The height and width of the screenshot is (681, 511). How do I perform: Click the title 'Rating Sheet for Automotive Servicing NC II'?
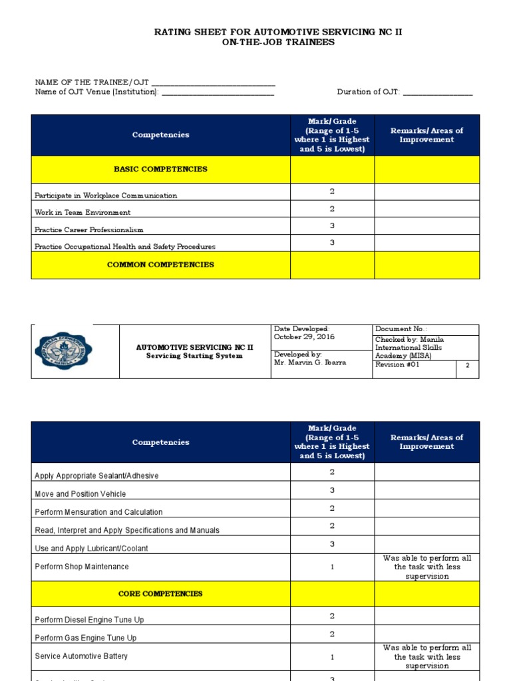[x=278, y=32]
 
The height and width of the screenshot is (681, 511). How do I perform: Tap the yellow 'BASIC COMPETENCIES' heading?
[x=160, y=169]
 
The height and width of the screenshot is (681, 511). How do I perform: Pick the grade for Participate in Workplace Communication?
[x=332, y=192]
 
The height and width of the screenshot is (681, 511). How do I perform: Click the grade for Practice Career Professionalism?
[x=332, y=226]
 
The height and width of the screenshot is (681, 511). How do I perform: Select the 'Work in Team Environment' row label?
[x=83, y=213]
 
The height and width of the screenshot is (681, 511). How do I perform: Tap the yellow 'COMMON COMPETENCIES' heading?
[x=160, y=265]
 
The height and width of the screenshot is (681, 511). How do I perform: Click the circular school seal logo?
[x=64, y=350]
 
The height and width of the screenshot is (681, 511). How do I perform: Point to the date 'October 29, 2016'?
[x=304, y=337]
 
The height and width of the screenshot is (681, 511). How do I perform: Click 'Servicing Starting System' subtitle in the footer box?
[x=194, y=356]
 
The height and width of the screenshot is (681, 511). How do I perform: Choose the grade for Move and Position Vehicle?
[x=332, y=490]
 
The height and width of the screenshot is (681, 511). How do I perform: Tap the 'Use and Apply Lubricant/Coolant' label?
[x=91, y=549]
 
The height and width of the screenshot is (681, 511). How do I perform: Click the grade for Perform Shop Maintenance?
[x=332, y=567]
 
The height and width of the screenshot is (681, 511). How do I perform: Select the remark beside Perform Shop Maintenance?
[x=426, y=567]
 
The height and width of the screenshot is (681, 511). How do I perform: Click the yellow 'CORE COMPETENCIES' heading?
[x=160, y=594]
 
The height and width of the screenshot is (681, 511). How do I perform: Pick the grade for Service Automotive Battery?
[x=332, y=657]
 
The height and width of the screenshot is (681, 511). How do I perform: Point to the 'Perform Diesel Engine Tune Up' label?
[x=89, y=620]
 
